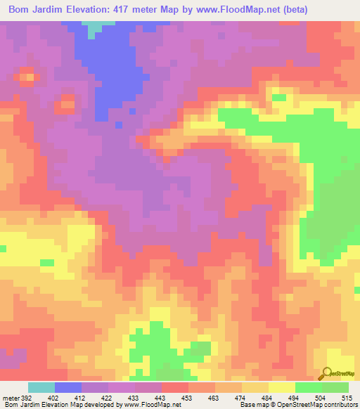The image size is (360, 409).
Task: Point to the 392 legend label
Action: coord(27,398)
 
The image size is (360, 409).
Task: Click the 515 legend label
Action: coord(349,398)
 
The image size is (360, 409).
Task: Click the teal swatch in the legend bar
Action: coord(41,387)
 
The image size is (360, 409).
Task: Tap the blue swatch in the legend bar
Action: coord(68,387)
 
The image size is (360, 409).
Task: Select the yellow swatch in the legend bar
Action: coord(282,387)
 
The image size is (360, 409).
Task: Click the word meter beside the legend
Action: coord(11,398)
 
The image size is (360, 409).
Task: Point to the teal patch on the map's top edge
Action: coord(93,26)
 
